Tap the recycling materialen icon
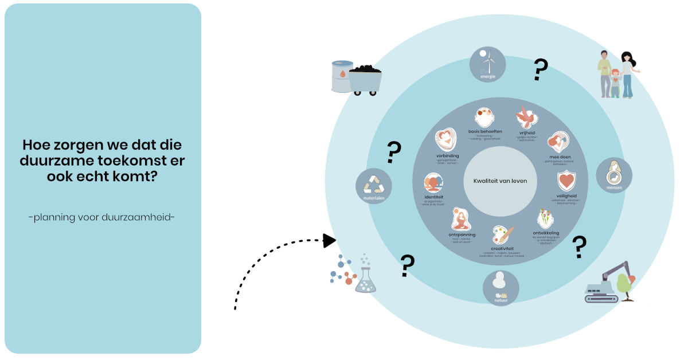(374, 186)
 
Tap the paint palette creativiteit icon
(500, 234)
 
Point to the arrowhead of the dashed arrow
(330, 240)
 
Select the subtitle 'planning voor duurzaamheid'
(101, 217)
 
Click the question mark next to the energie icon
(540, 69)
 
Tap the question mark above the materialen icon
(393, 153)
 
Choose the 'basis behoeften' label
(485, 131)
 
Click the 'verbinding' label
(446, 155)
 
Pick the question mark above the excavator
(580, 247)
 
